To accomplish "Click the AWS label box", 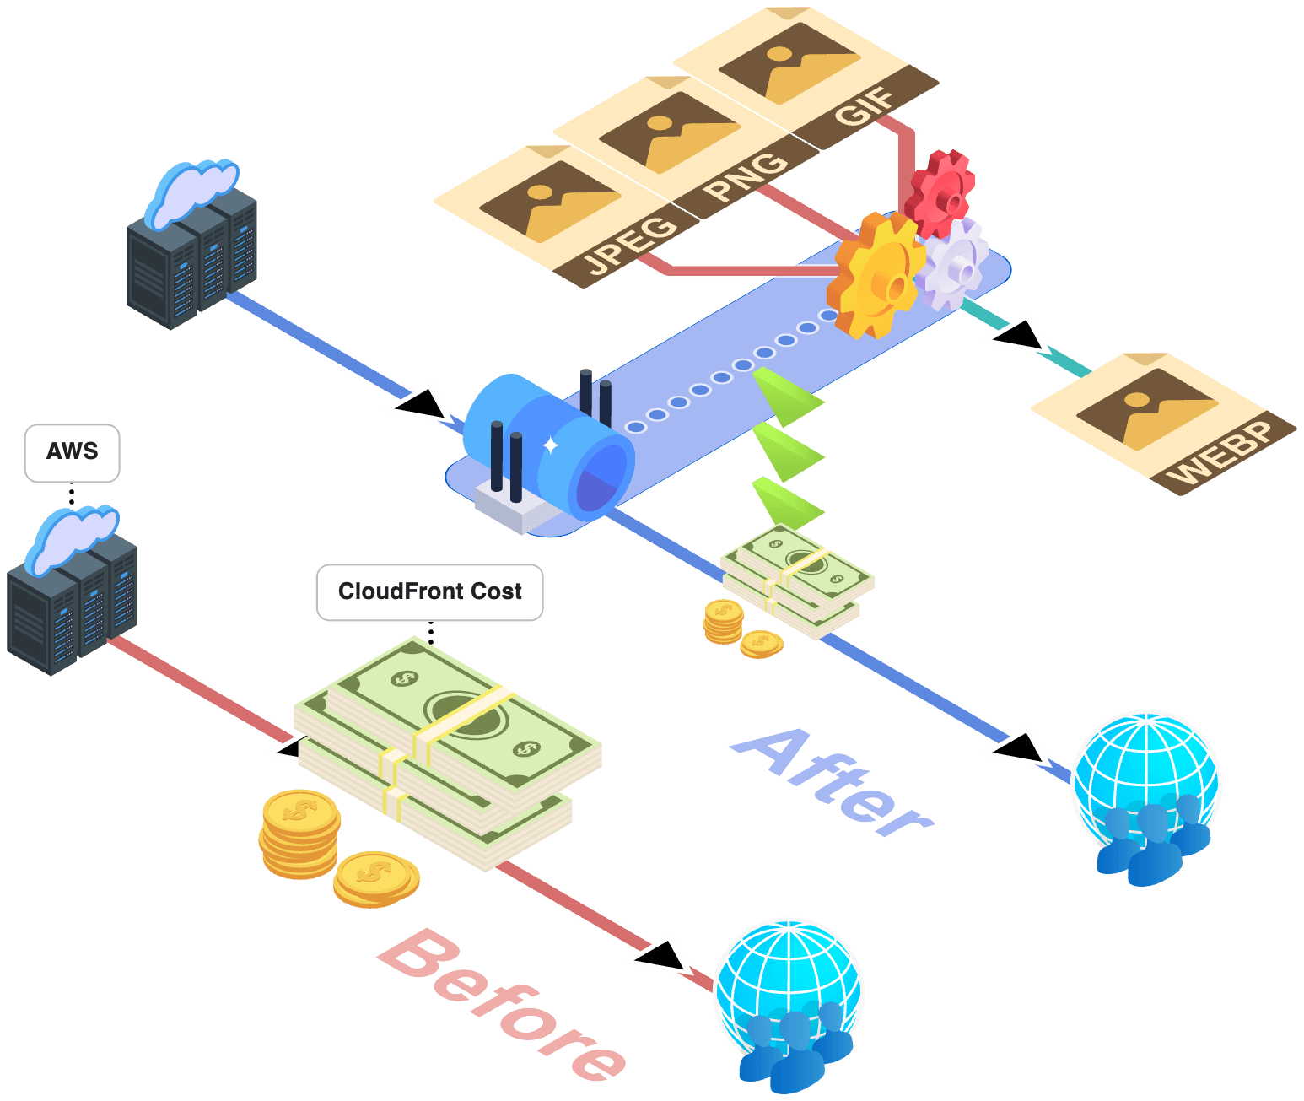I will [72, 453].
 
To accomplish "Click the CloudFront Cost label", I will [429, 591].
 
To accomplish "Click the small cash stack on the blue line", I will [797, 578].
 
